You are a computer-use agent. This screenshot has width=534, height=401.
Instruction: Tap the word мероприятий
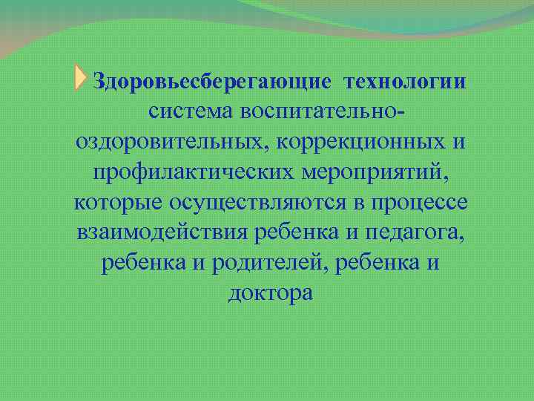tap(372, 172)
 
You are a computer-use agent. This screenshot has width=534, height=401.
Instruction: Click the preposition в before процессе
tap(360, 203)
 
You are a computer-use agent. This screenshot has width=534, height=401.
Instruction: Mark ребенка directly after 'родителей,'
tap(381, 264)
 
